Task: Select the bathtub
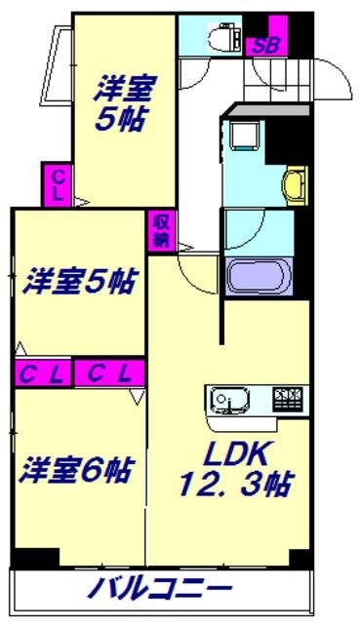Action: pyautogui.click(x=259, y=274)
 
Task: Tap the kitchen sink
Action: pyautogui.click(x=232, y=400)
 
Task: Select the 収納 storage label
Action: pyautogui.click(x=161, y=231)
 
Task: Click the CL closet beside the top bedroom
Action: pyautogui.click(x=60, y=184)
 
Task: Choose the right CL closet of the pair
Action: pyautogui.click(x=111, y=371)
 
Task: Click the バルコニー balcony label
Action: pyautogui.click(x=161, y=588)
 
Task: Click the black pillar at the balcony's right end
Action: pyautogui.click(x=300, y=559)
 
